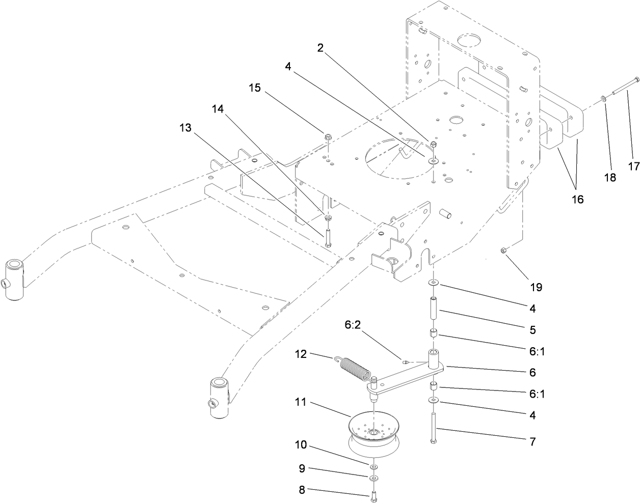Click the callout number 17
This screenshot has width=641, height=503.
[633, 166]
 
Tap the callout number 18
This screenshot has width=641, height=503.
[609, 178]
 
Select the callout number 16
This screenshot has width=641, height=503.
[576, 199]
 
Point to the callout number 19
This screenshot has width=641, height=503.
[536, 287]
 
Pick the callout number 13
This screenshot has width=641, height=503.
[185, 128]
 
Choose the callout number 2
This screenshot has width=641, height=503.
[320, 48]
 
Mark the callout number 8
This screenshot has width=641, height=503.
[301, 491]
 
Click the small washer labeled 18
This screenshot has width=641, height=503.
[603, 99]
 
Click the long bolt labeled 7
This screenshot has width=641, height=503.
[433, 428]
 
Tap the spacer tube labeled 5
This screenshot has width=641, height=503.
[433, 309]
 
